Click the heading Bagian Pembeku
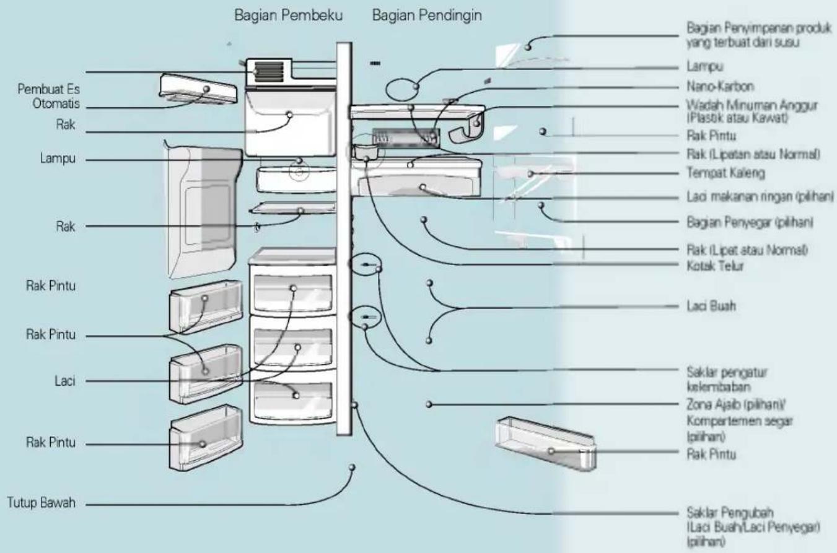[288, 15]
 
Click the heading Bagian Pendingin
[427, 15]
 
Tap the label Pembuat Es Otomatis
[48, 96]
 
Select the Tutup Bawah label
[41, 503]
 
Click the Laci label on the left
[65, 381]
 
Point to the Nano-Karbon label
[721, 87]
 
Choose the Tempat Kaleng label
[725, 173]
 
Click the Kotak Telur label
[715, 266]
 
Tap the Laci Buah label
[711, 306]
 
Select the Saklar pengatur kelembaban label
[727, 380]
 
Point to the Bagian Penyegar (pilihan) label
[750, 222]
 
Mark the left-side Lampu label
[58, 158]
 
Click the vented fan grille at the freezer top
[269, 71]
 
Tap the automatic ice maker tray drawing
[198, 89]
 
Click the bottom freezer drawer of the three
[292, 398]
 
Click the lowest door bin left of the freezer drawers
[206, 438]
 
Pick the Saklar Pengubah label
[753, 526]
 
